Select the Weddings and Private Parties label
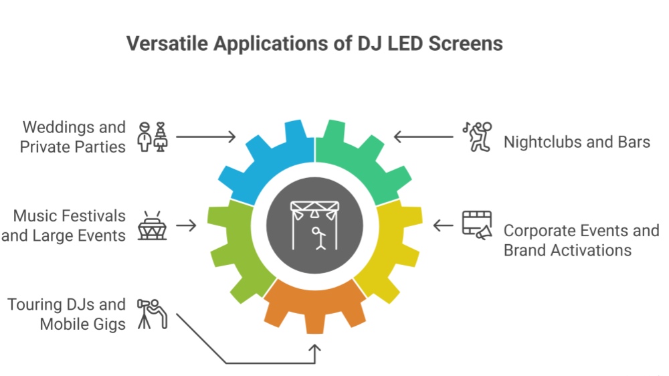[73, 136]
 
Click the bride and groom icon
[153, 136]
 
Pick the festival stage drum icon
[153, 225]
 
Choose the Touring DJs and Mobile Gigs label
[67, 314]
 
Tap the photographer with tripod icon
[153, 313]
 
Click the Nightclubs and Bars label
[577, 142]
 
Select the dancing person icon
[477, 135]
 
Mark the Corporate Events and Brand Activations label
[581, 240]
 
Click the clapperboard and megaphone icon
[477, 225]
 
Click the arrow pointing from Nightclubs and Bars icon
[423, 137]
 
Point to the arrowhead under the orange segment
[315, 349]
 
